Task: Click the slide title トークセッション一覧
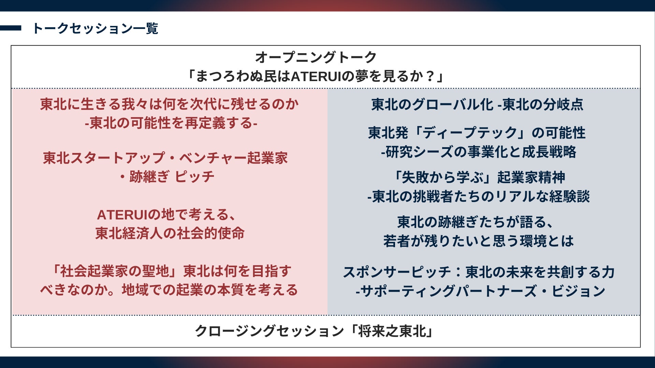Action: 95,28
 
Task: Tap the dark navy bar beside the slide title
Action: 11,28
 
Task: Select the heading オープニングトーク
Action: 316,57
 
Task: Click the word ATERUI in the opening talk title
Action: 316,76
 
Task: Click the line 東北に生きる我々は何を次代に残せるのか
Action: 170,104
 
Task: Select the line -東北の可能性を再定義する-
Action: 171,123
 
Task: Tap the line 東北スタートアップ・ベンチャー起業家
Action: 165,158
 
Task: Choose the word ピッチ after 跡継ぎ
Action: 194,177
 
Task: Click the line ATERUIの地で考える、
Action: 166,215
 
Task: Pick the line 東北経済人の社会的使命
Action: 170,233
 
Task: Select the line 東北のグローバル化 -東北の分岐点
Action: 477,104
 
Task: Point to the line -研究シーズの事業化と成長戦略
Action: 479,152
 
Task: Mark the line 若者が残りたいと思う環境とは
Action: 478,241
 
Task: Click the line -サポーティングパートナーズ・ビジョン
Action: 480,291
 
